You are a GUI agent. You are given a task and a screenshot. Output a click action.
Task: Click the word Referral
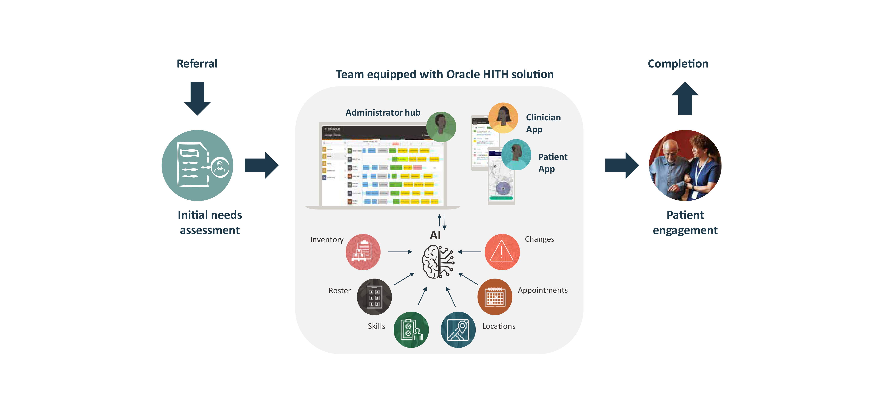coord(197,64)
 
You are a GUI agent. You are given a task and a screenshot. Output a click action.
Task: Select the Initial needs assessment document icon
coord(197,165)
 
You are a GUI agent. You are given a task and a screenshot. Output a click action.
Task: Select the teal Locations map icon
coord(458,329)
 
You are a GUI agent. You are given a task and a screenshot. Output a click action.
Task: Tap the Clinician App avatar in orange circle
coord(503,118)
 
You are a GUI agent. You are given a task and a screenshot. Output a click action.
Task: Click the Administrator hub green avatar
coord(441,126)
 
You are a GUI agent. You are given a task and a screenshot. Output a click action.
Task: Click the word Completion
coord(678,64)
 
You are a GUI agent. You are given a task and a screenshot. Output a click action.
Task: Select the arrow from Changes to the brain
coord(469,252)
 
